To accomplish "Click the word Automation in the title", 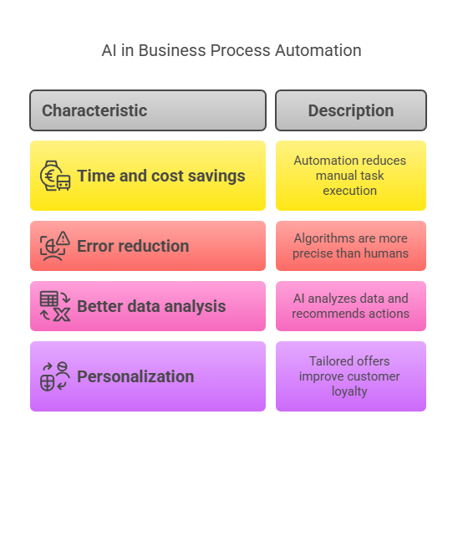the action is [318, 50].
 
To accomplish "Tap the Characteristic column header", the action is [148, 110].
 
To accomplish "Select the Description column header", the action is [351, 110].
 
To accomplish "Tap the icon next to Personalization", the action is [55, 376].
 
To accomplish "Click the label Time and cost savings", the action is [161, 176].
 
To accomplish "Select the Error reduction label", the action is [133, 246].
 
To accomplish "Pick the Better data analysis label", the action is [151, 307].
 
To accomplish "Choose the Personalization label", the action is [135, 376].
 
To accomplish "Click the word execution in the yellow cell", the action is [349, 191].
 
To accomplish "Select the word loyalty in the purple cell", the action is [349, 391].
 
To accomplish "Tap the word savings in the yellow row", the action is [216, 176].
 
